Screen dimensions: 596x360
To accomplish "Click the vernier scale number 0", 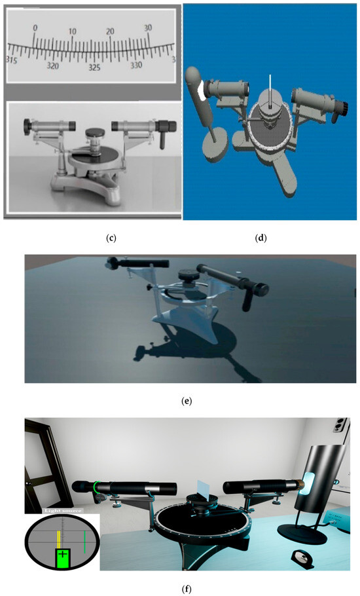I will tap(35, 29).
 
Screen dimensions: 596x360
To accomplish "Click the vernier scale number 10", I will tap(73, 31).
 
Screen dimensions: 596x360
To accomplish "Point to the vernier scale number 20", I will tap(111, 31).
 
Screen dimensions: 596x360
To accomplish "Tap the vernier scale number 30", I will tap(149, 28).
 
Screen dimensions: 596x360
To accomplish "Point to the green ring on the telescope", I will tap(96, 487).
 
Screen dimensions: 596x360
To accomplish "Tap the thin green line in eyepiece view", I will tap(84, 540).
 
